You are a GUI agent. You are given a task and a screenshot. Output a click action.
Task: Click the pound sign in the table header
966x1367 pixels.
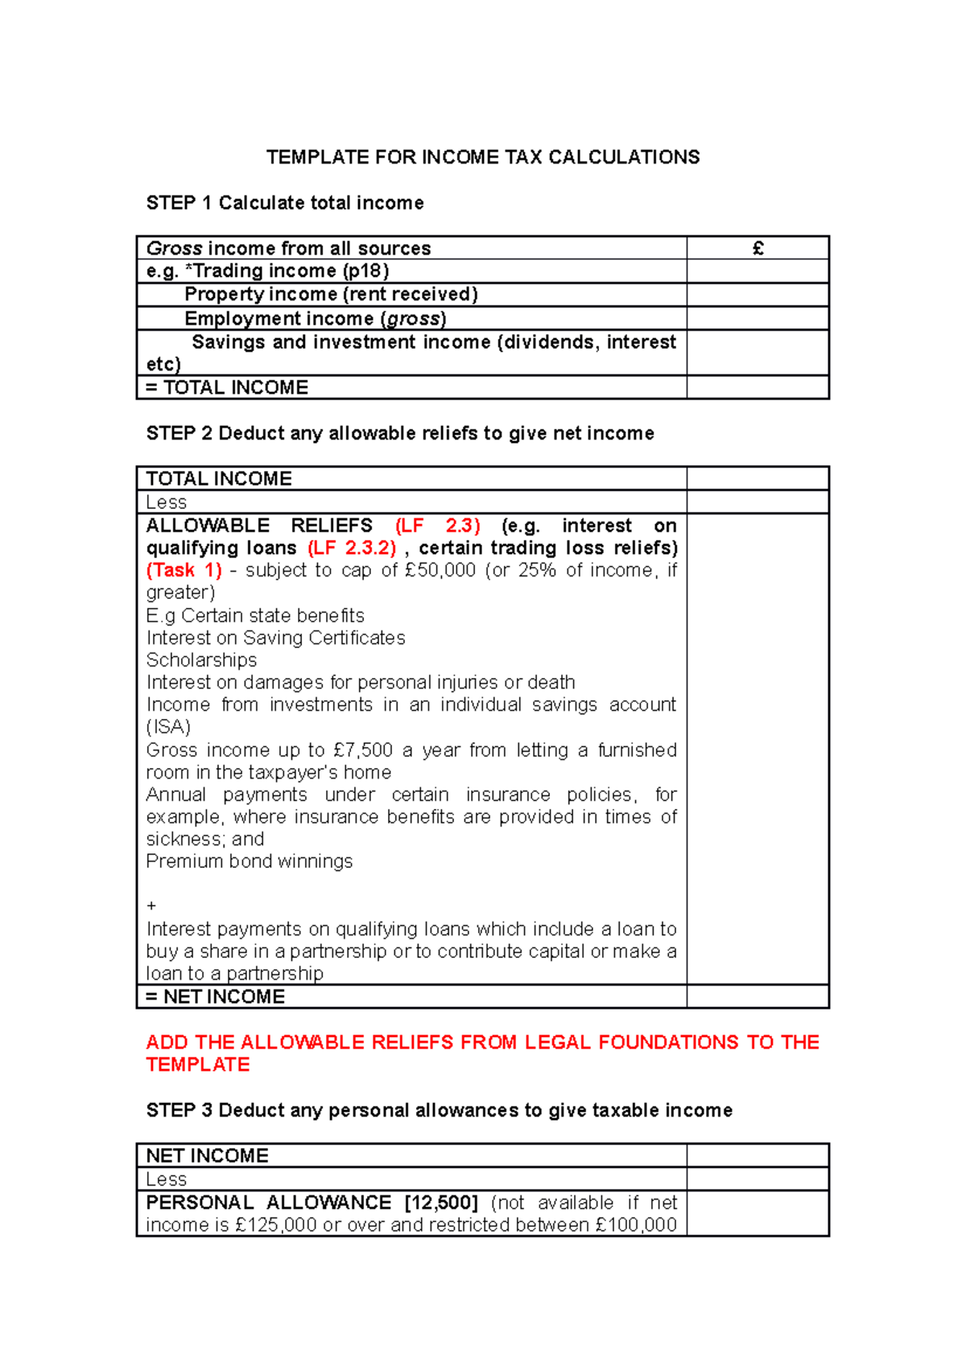point(758,248)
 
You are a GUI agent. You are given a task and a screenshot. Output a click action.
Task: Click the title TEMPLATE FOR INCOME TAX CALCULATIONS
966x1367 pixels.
point(483,157)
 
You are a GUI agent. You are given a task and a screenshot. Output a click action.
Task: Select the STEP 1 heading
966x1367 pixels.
point(285,203)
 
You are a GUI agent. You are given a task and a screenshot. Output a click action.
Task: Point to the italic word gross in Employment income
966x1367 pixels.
point(413,319)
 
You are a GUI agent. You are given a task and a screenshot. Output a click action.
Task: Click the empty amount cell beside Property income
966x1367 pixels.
point(758,295)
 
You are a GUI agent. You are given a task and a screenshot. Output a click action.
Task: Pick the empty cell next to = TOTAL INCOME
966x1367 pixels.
point(758,387)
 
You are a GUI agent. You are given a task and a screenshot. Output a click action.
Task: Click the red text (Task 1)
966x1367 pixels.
point(184,570)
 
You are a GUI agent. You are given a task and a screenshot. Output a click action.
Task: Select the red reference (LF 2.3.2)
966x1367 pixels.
point(352,548)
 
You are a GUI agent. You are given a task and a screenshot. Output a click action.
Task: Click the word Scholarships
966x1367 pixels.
point(201,660)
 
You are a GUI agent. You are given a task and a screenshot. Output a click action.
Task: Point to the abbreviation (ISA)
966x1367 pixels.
point(168,727)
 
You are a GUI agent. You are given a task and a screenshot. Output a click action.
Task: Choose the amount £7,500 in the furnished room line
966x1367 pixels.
point(362,750)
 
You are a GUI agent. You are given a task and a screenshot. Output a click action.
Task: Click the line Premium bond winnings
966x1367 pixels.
point(250,861)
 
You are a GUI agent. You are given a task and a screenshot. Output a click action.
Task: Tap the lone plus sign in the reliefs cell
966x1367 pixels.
point(151,906)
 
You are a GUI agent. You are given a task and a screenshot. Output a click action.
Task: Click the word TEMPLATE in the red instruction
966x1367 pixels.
point(198,1064)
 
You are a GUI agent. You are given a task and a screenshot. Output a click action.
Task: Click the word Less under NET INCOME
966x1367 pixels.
point(167,1179)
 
